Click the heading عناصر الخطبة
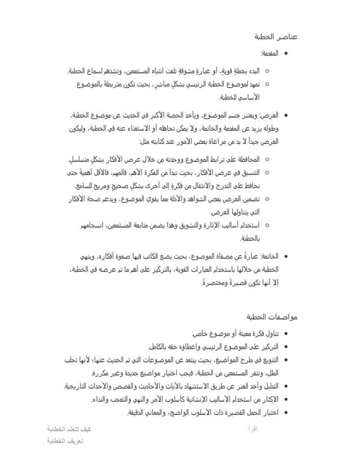click(x=274, y=36)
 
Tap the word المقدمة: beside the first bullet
click(x=270, y=54)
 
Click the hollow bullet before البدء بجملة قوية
click(x=267, y=71)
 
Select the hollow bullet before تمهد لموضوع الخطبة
click(x=267, y=84)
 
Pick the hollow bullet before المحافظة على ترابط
click(x=267, y=159)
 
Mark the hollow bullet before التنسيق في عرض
click(x=267, y=172)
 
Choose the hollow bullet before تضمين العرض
click(x=267, y=198)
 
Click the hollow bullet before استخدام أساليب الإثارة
click(x=267, y=225)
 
